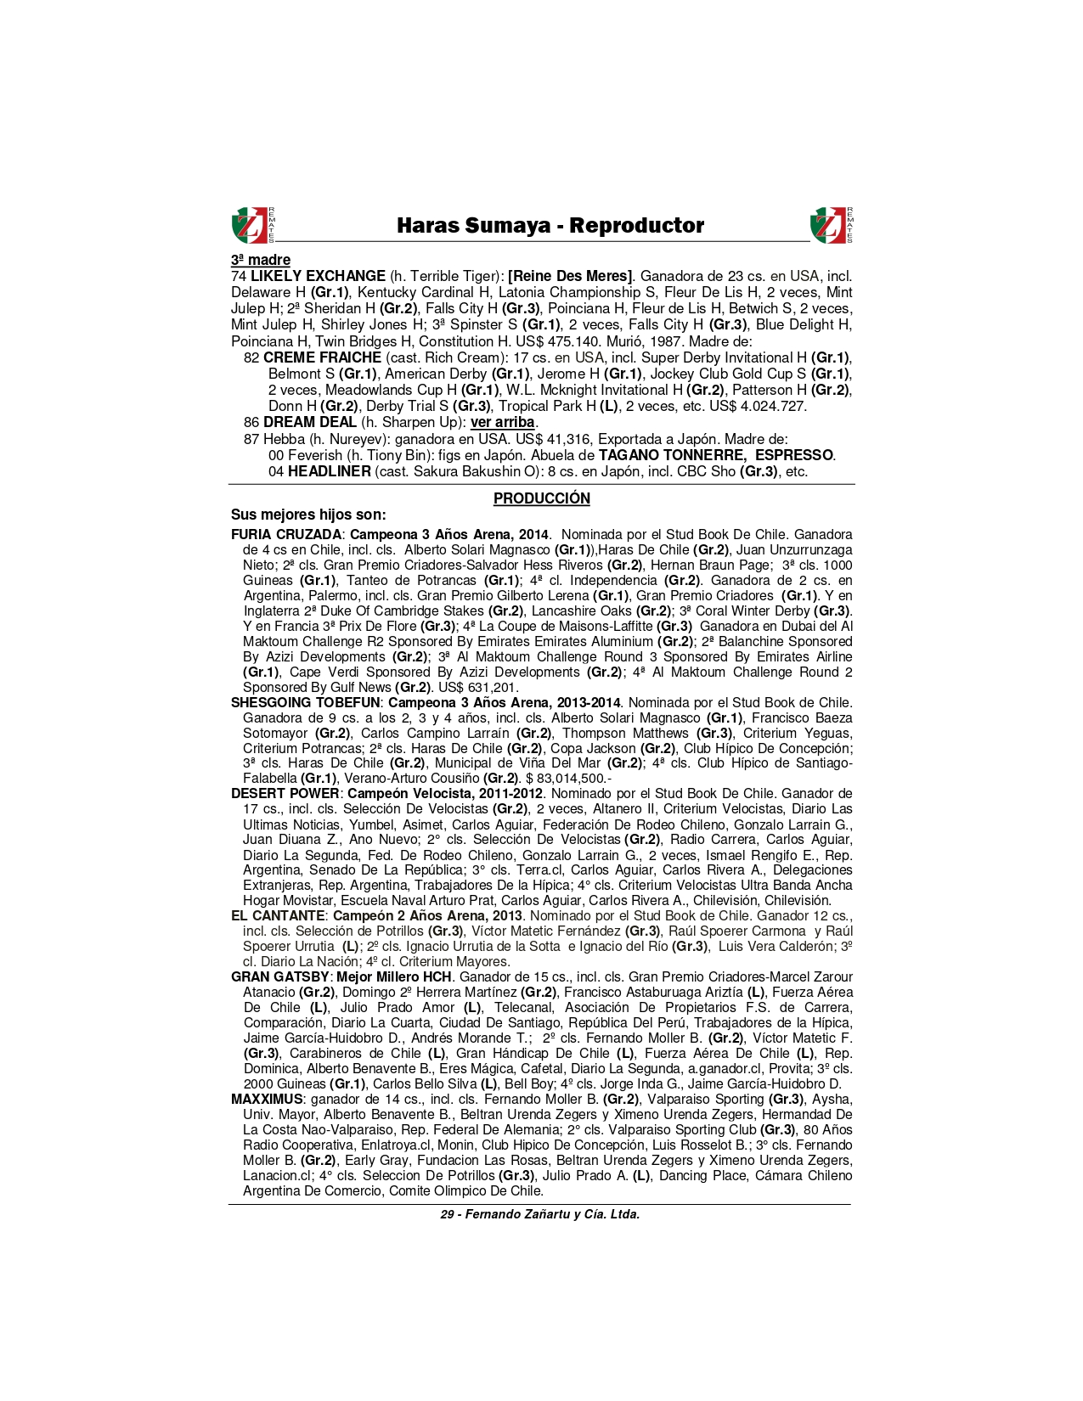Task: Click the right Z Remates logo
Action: (x=831, y=225)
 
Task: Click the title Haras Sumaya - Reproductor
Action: (x=550, y=226)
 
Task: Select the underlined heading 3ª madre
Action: (x=261, y=260)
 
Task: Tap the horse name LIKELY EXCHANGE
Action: (x=318, y=276)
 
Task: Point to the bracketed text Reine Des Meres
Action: (x=570, y=276)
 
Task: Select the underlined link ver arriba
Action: (x=503, y=422)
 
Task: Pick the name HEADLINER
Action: (x=329, y=471)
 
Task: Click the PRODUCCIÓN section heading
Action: (x=541, y=498)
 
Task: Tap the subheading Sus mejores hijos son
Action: (x=308, y=515)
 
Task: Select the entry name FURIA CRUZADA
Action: (x=286, y=535)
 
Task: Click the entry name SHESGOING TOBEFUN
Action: (x=306, y=703)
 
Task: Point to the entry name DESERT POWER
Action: (x=285, y=794)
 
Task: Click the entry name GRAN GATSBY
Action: (x=279, y=977)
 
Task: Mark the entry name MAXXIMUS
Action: (x=267, y=1100)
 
